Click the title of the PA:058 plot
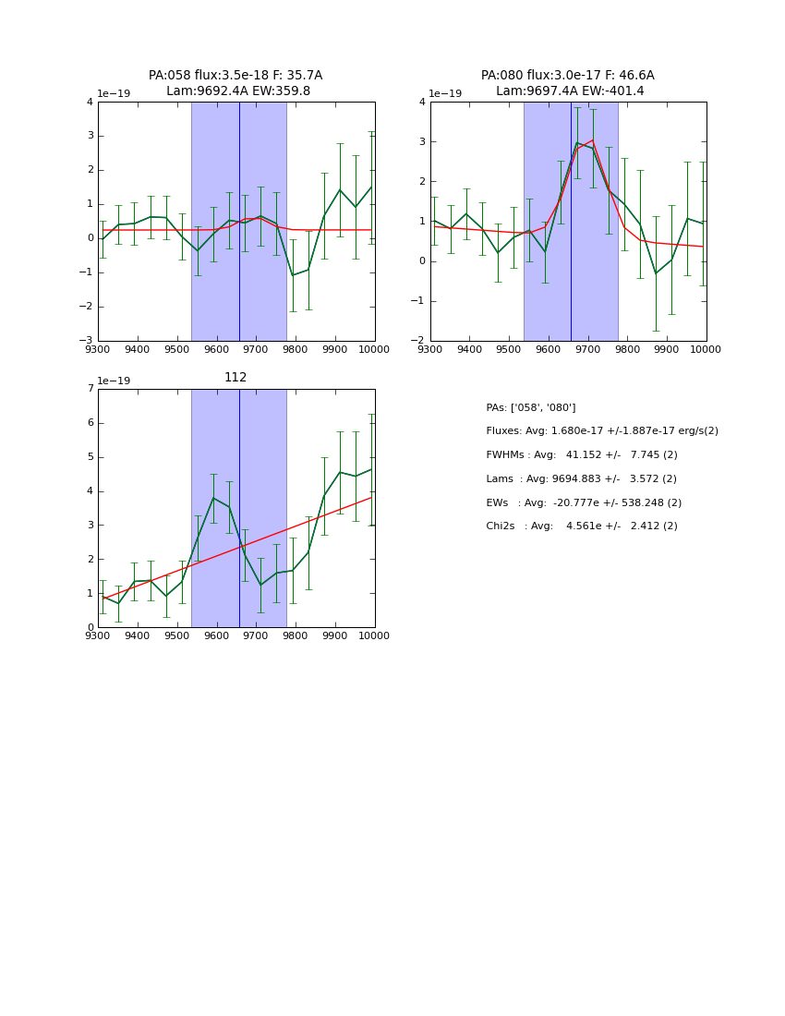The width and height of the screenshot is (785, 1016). [235, 76]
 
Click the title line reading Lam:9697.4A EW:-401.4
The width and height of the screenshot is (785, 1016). [569, 91]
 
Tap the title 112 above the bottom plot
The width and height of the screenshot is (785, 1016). [235, 378]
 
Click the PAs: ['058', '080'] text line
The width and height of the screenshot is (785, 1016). [531, 408]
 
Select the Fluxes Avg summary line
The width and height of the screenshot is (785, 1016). [601, 431]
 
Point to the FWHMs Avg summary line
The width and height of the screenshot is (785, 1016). [581, 455]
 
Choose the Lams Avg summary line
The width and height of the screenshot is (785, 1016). [581, 479]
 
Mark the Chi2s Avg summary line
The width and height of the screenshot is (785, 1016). [581, 526]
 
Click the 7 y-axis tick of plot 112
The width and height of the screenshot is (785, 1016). [91, 389]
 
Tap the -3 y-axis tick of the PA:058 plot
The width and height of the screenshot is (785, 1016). [88, 341]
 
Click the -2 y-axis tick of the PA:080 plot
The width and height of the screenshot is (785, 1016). [420, 341]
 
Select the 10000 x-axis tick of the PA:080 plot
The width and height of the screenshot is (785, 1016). [706, 350]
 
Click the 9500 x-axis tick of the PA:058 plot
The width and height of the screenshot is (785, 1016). [176, 350]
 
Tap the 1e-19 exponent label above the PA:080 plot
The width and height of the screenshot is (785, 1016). [445, 94]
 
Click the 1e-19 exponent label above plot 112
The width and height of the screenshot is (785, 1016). [114, 381]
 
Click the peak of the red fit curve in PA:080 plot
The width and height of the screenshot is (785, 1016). [592, 140]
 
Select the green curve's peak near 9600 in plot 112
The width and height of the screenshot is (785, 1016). [213, 498]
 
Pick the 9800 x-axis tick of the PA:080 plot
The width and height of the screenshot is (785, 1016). [627, 350]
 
